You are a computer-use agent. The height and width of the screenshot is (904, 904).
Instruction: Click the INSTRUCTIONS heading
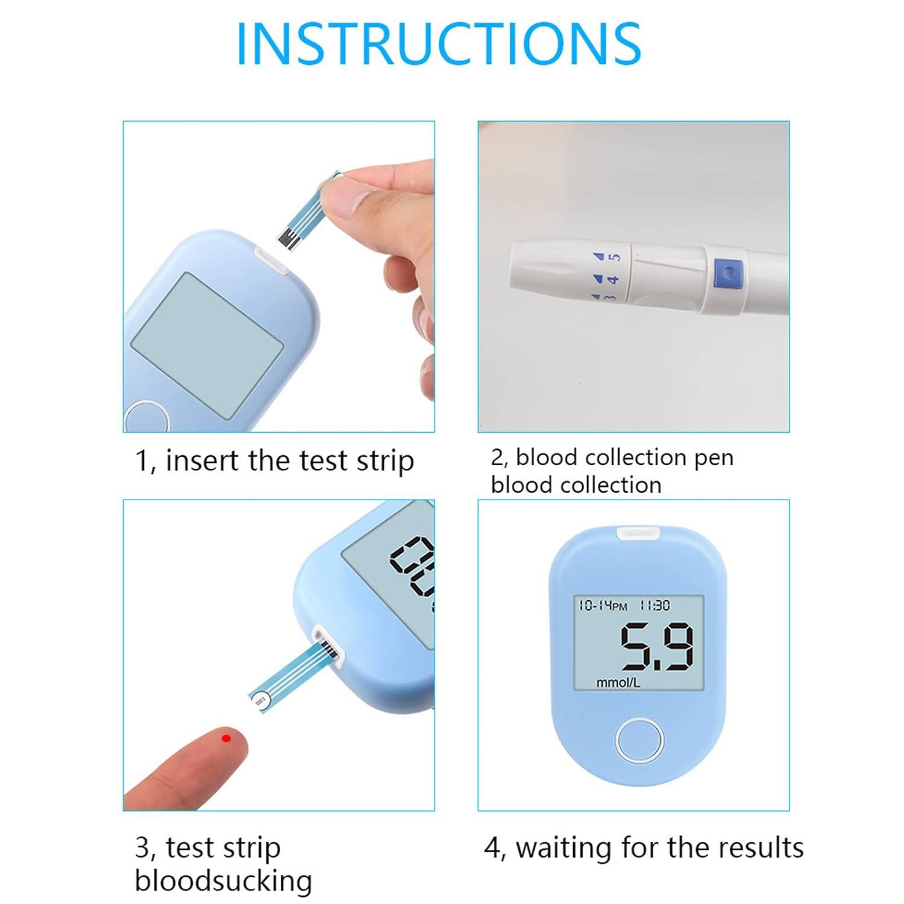coord(439,43)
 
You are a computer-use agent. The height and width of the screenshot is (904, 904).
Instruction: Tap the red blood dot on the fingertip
coord(226,738)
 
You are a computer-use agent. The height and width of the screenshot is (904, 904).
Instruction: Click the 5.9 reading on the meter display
coord(657,648)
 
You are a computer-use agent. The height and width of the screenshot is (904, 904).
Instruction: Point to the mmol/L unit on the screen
coord(618,683)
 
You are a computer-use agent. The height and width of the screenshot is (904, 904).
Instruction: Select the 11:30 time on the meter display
coord(654,605)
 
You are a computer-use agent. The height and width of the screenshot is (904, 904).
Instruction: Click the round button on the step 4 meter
coord(639,740)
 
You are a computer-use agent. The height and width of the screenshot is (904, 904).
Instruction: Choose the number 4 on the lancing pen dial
coord(613,280)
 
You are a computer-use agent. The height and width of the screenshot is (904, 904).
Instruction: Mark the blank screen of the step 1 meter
coord(207,345)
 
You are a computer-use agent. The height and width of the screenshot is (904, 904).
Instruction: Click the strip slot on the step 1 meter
coord(272,260)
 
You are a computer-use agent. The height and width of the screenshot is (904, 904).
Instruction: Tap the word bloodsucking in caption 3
coord(223,880)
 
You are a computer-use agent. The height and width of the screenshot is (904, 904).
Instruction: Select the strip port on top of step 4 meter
coord(639,533)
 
